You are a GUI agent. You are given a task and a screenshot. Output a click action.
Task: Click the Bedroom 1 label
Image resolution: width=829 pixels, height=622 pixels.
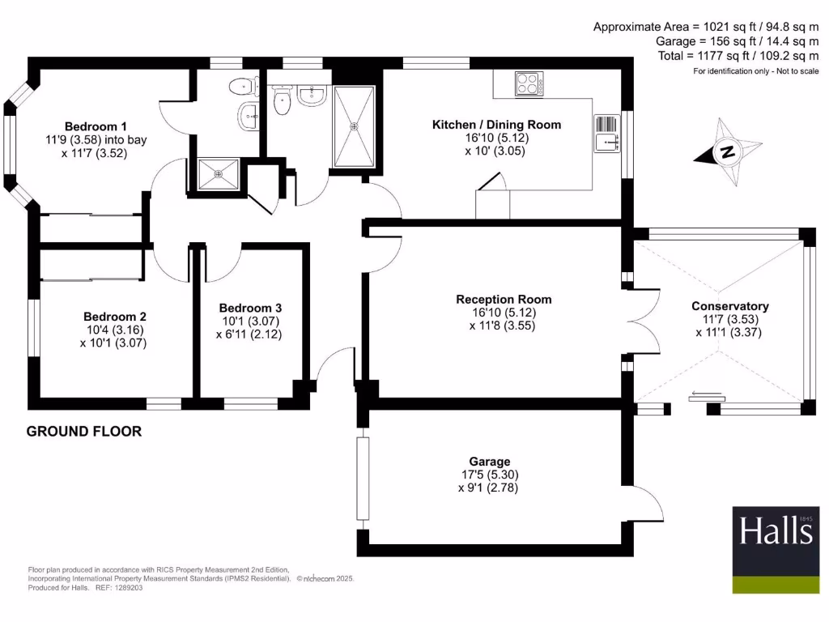(x=96, y=126)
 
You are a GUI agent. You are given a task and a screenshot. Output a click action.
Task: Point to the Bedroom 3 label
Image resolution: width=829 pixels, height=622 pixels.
(x=250, y=308)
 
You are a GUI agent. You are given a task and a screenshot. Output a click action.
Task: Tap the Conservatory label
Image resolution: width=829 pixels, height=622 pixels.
(x=729, y=306)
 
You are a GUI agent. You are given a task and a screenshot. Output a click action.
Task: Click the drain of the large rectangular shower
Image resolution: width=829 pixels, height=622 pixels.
(x=354, y=126)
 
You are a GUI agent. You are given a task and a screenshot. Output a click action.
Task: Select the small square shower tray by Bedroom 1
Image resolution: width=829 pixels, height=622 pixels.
(x=217, y=173)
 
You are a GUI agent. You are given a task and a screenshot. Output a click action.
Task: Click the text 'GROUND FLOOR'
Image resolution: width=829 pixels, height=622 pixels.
(x=84, y=432)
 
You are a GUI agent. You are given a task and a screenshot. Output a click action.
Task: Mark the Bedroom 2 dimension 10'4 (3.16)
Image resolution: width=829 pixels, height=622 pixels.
(x=113, y=330)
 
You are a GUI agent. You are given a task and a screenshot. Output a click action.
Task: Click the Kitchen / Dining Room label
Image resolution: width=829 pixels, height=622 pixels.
(x=496, y=125)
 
